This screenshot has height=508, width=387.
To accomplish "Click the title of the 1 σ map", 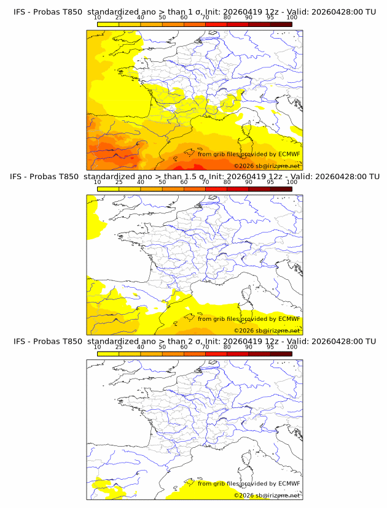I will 194,12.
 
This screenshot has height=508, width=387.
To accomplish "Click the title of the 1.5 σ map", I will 194,177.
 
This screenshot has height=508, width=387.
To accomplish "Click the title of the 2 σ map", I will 194,341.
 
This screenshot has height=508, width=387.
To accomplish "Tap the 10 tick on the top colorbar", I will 97,18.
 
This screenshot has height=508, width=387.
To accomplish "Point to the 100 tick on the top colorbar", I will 292,18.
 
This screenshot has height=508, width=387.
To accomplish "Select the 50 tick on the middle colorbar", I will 162,182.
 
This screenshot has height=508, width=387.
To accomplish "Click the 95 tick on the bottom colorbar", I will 270,347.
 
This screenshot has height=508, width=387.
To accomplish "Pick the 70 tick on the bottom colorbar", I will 205,347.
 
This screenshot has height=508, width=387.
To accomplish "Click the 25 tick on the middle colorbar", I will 119,182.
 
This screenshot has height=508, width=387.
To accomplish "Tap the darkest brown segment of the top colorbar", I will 281,25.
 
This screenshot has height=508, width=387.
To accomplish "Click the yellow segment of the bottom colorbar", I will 108,354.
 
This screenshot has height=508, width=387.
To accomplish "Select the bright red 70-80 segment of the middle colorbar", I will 216,189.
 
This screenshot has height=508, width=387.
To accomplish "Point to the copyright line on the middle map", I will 267,331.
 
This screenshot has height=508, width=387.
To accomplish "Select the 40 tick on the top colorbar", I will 141,18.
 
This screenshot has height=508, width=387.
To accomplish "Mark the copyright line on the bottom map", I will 267,495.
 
